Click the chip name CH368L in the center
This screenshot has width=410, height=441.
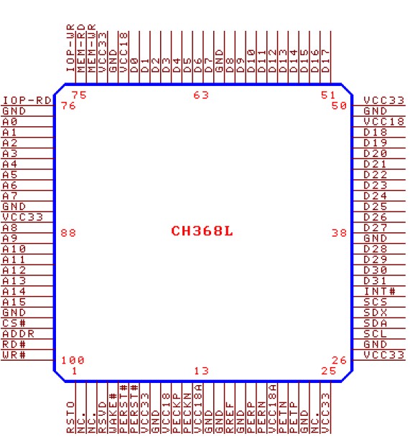coord(202,231)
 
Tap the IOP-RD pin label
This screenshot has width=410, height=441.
coord(27,100)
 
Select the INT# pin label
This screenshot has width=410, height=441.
coord(380,291)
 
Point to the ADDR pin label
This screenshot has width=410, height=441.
coord(18,334)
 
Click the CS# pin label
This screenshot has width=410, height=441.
coord(14,323)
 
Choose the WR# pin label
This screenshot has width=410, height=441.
coord(14,355)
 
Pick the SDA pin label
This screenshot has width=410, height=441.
coord(376,323)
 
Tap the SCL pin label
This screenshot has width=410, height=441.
coord(376,334)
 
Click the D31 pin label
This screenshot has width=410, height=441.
coord(376,280)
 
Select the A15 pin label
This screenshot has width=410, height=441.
coord(14,302)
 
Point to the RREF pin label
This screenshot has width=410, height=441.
coord(230,417)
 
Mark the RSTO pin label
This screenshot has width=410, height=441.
coord(70,417)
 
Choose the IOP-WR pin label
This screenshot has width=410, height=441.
coord(70,48)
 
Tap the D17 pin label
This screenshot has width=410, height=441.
coord(325,61)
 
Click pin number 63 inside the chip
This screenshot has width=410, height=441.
coord(201,95)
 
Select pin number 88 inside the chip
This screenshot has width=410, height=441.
coord(68,233)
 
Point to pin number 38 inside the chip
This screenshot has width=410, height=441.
coord(339,233)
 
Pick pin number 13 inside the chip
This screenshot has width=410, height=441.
coord(202,371)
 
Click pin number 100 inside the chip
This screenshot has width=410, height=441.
coord(73,360)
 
